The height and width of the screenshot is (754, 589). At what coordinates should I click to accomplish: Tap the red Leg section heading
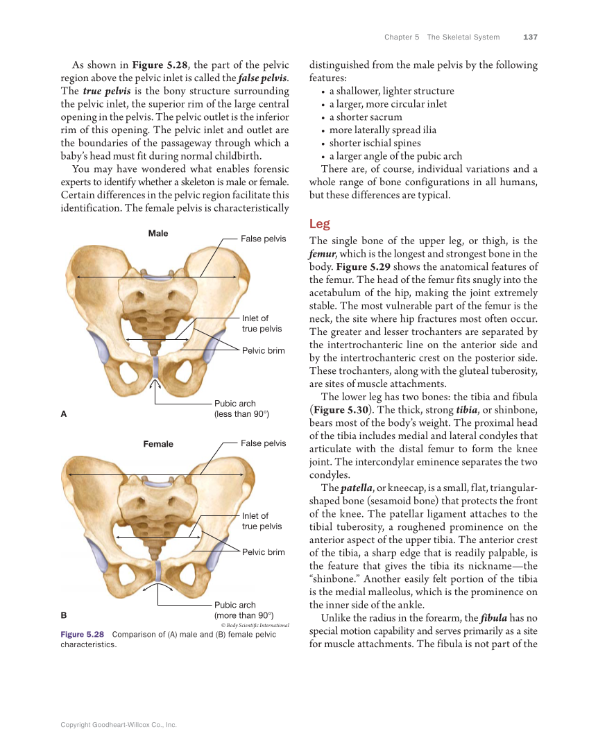[319, 224]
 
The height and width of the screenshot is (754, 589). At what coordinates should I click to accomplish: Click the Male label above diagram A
[158, 234]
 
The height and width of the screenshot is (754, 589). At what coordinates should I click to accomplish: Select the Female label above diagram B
[158, 444]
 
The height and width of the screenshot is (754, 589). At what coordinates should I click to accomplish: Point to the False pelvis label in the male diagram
[263, 239]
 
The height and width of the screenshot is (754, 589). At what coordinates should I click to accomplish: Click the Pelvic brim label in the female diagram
[263, 552]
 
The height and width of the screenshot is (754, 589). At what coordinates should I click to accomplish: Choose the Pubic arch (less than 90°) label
[241, 409]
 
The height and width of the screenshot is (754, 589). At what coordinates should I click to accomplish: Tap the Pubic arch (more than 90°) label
[244, 610]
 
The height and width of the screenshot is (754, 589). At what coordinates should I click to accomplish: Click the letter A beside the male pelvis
[64, 414]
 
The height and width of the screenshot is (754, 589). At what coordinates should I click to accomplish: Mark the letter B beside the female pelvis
[64, 615]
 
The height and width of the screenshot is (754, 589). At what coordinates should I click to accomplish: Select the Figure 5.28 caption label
[82, 635]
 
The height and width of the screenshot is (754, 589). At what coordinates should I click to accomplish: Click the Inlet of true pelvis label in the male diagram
[262, 324]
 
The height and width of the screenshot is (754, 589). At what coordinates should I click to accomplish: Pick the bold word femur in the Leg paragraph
[322, 254]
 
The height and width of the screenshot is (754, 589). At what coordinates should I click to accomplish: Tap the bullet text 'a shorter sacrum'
[366, 117]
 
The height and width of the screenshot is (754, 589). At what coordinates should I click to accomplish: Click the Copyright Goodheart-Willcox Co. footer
[119, 725]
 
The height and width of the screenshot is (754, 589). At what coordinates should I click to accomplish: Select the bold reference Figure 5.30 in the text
[339, 410]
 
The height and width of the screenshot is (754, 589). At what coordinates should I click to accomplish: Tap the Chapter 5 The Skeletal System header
[441, 37]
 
